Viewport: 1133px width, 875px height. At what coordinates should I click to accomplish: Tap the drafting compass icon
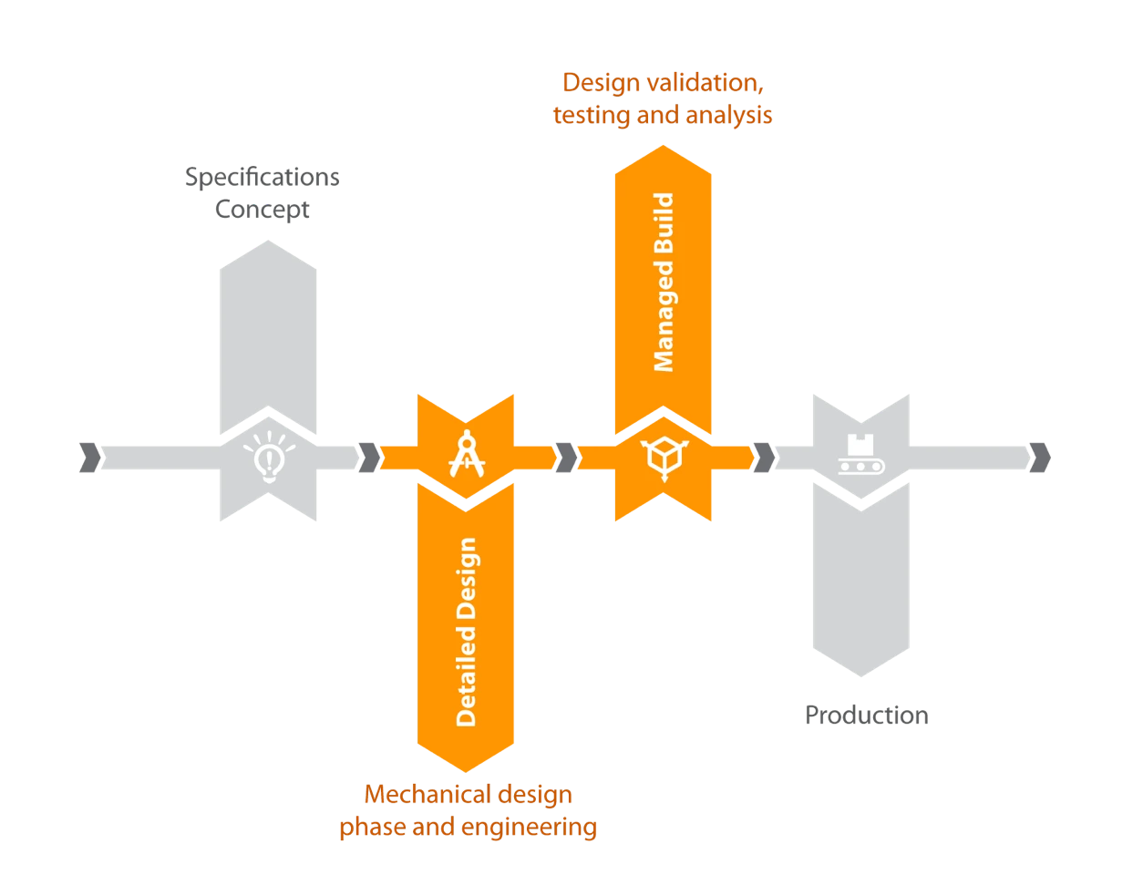click(467, 453)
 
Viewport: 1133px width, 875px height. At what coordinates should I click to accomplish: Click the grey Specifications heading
click(263, 176)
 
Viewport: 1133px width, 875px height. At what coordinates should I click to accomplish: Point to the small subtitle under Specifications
click(263, 210)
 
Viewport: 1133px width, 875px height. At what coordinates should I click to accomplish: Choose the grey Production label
click(867, 715)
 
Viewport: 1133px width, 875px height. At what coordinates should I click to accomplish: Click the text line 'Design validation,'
click(663, 83)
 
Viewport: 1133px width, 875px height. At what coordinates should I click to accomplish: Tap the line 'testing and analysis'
click(663, 116)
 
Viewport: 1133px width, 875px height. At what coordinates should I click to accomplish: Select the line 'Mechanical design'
click(469, 795)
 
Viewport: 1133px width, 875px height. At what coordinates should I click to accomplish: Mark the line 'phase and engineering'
click(469, 828)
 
